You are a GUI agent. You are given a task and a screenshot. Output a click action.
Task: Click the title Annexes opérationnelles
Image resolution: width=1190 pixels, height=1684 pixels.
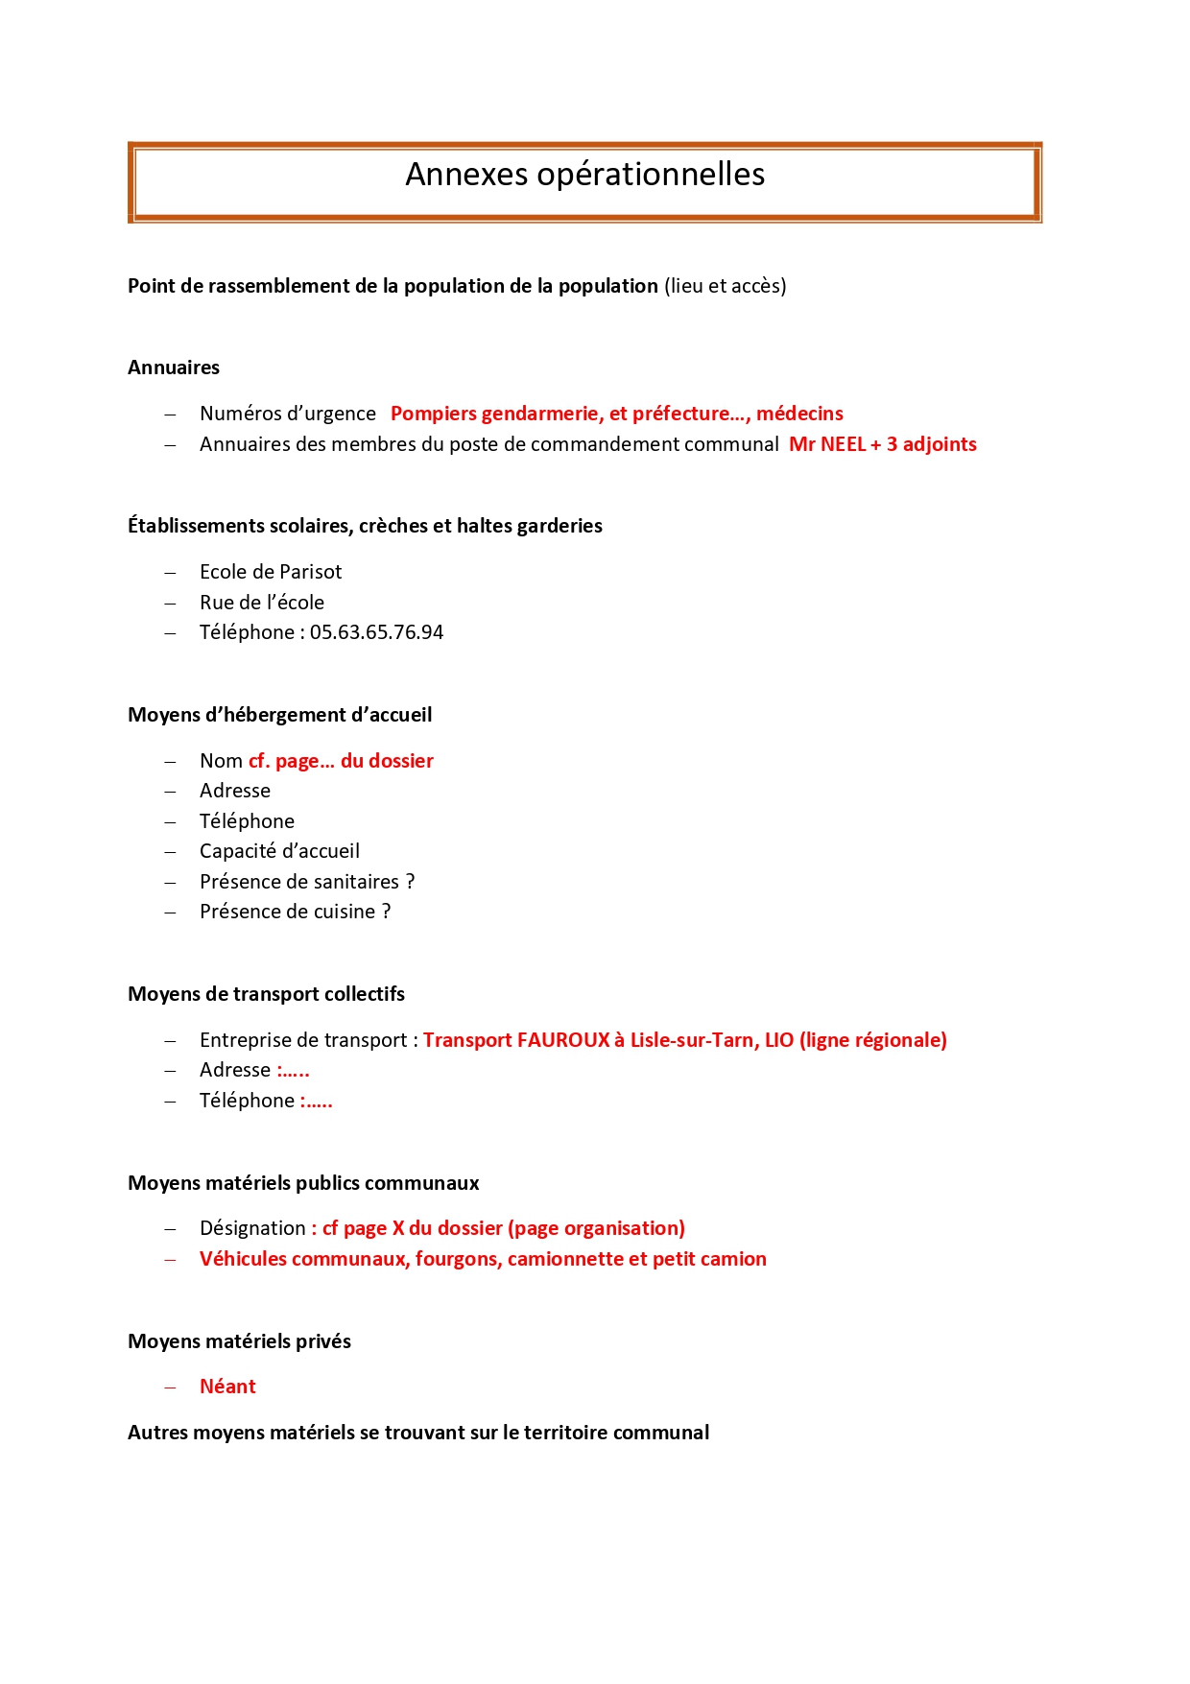pos(584,175)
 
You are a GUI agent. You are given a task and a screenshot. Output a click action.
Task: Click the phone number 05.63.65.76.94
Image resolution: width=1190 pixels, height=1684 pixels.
pos(376,632)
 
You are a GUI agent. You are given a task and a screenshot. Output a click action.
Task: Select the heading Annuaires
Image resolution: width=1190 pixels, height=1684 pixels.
pos(174,368)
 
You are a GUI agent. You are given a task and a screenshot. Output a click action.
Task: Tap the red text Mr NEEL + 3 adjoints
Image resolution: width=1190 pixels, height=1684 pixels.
pos(882,444)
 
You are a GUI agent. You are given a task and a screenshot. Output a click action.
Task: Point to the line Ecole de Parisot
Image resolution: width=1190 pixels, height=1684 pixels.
pos(271,572)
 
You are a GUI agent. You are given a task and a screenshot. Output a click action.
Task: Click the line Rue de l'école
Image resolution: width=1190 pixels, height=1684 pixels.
pos(262,603)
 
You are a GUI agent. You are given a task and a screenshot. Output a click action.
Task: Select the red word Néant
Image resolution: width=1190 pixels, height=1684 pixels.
pos(227,1387)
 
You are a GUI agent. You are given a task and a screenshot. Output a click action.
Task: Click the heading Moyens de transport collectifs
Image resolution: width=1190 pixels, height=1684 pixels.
pos(266,994)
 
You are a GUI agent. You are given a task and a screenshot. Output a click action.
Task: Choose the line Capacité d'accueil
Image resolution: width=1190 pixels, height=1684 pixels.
pos(279,851)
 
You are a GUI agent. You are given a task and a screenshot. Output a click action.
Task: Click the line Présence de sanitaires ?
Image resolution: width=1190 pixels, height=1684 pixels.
pos(307,882)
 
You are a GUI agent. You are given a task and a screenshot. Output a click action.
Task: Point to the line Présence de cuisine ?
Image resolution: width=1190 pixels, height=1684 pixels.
pos(295,912)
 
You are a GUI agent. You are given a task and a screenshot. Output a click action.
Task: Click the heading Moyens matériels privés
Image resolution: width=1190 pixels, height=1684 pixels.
pos(239,1341)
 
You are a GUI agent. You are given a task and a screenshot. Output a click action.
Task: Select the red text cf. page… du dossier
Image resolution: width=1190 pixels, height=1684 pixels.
pos(341,761)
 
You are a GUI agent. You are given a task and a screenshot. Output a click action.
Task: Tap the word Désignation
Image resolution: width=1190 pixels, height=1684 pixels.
pos(252,1228)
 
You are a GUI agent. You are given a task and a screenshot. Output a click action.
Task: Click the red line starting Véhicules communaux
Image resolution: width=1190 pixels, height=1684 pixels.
pos(483,1259)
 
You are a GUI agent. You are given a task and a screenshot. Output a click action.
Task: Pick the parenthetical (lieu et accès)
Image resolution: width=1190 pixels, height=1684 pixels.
pos(725,286)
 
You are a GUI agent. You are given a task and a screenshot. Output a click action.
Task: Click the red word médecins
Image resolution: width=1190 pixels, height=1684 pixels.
pos(799,414)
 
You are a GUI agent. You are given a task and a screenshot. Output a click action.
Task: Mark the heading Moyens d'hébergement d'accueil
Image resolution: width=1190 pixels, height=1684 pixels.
pos(279,715)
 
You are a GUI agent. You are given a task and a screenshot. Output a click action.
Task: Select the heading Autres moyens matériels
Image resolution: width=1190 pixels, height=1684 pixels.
pos(418,1433)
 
